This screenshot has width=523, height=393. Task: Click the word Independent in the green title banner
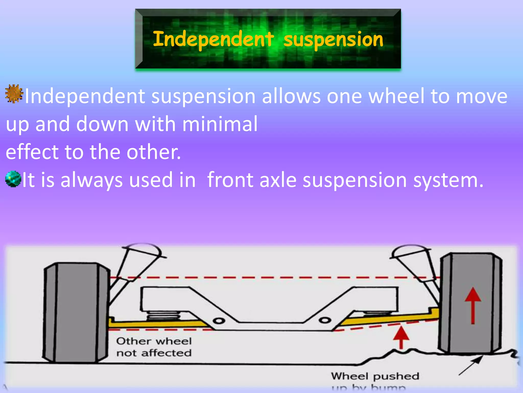213,39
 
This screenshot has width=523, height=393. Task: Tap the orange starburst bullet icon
14,93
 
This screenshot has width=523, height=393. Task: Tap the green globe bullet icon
13,179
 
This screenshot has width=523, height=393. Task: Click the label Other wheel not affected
154,347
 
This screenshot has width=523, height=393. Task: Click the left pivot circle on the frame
219,321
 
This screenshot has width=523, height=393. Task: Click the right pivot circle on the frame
325,320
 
